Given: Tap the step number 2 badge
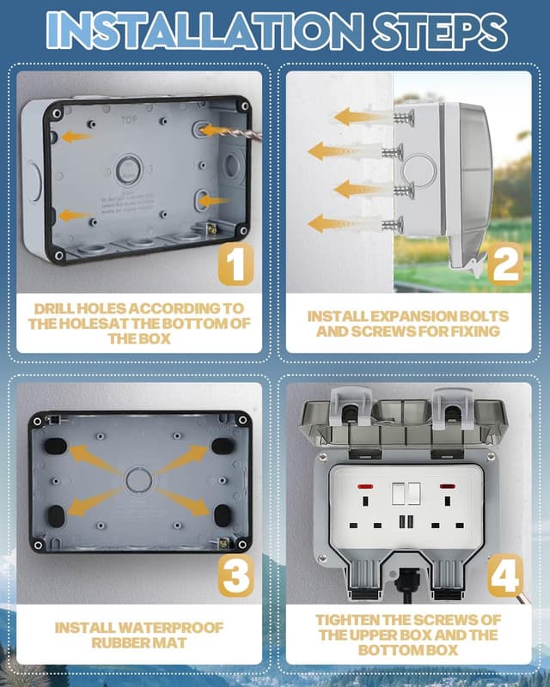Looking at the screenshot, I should (504, 264).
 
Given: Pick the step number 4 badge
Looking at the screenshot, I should (504, 576).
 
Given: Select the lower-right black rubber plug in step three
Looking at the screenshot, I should (222, 515).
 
